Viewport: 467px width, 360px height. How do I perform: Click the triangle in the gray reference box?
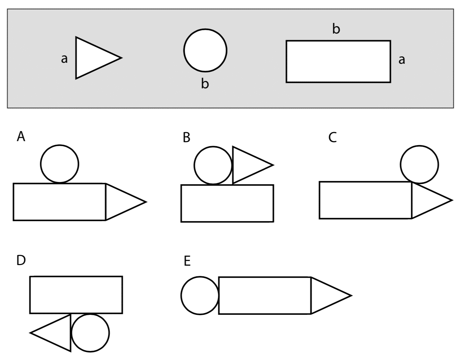[93, 58]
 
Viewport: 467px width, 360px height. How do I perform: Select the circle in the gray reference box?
[205, 50]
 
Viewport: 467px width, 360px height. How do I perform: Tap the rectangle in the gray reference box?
[338, 61]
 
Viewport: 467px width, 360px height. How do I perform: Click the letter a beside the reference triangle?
[64, 59]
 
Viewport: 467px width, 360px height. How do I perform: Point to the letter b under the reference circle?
[205, 84]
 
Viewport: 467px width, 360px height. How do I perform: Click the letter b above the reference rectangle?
[336, 29]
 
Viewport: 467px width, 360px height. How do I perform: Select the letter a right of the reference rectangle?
[402, 60]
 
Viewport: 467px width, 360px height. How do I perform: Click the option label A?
[21, 136]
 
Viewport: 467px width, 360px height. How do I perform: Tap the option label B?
[186, 137]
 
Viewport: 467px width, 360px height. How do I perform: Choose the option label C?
[332, 137]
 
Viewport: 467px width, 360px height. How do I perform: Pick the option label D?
[21, 260]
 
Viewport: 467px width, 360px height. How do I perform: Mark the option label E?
[187, 261]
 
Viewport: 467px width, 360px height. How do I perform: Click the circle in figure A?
[60, 164]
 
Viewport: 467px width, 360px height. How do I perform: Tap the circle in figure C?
[419, 164]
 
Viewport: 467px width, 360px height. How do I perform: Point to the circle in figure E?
[200, 295]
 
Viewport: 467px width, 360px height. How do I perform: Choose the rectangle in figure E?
[264, 295]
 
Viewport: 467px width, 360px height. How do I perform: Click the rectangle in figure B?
[227, 203]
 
